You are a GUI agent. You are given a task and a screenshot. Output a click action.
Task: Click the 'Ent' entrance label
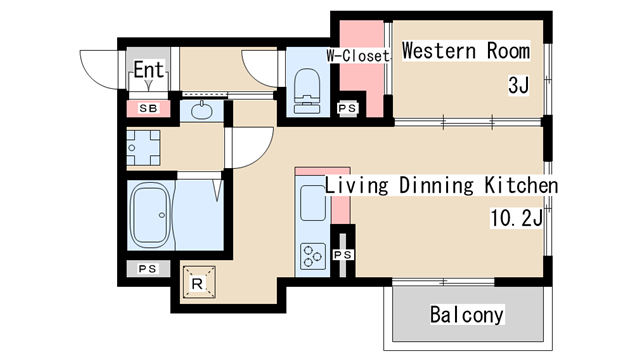pyautogui.click(x=149, y=69)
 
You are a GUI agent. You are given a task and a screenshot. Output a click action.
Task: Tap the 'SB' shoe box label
pyautogui.click(x=148, y=108)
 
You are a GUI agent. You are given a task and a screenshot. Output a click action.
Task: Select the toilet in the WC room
pyautogui.click(x=307, y=91)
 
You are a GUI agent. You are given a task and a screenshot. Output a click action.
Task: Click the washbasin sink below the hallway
pyautogui.click(x=202, y=111)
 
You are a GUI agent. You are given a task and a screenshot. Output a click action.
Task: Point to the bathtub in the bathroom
pyautogui.click(x=151, y=215)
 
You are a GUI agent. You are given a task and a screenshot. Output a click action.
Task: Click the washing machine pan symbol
pyautogui.click(x=143, y=147)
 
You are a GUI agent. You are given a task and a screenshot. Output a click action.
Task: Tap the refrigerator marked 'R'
pyautogui.click(x=198, y=282)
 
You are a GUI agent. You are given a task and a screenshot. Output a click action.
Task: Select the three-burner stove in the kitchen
pyautogui.click(x=313, y=256)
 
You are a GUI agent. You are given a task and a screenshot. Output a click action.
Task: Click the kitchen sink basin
pyautogui.click(x=313, y=203)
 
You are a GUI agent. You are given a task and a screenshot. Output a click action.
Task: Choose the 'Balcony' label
pyautogui.click(x=467, y=315)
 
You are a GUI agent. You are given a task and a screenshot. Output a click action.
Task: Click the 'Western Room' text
pyautogui.click(x=466, y=51)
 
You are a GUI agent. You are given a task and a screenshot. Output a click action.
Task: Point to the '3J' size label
pyautogui.click(x=518, y=85)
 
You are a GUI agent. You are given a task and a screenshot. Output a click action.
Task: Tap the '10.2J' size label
pyautogui.click(x=516, y=218)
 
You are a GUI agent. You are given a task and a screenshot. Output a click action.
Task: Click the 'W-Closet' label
pyautogui.click(x=358, y=56)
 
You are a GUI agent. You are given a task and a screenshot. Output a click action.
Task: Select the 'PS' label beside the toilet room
pyautogui.click(x=347, y=108)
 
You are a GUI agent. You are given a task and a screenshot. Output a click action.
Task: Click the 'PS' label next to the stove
pyautogui.click(x=343, y=255)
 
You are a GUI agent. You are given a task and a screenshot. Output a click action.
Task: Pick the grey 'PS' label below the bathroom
pyautogui.click(x=147, y=269)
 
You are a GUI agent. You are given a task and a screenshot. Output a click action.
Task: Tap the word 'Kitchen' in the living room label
pyautogui.click(x=521, y=185)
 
